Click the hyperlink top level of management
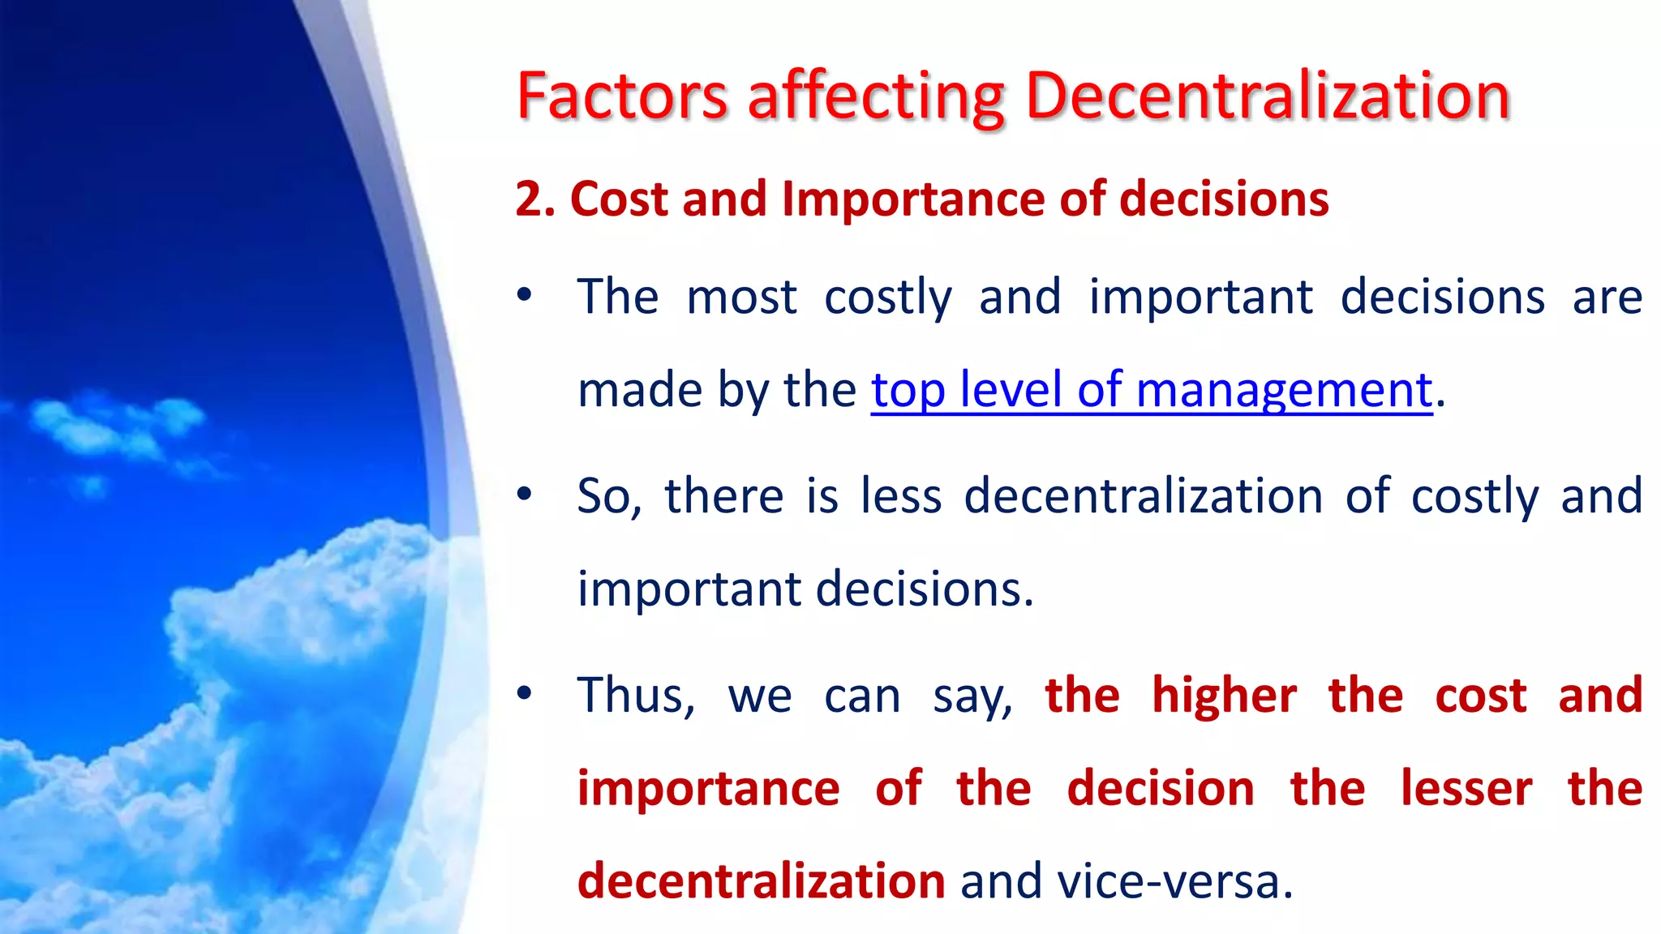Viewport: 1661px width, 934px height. point(1151,390)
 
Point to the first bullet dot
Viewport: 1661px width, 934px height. point(525,295)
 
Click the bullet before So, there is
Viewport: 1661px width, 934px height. point(525,494)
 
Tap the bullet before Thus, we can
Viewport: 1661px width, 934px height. point(525,693)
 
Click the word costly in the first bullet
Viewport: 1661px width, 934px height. point(888,297)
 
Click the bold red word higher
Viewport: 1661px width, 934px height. point(1224,695)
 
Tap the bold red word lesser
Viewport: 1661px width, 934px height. point(1466,788)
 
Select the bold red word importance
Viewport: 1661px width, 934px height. point(708,788)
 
